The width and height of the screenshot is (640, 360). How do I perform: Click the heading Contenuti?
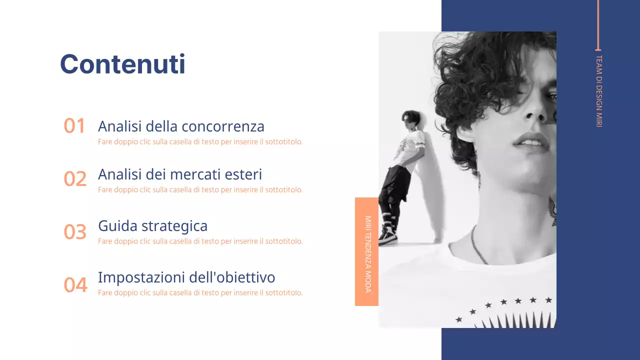[x=122, y=64]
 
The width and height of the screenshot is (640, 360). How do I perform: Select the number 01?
[x=74, y=126]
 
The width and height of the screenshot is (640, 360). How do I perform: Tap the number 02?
[x=75, y=179]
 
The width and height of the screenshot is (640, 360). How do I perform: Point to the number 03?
[x=75, y=232]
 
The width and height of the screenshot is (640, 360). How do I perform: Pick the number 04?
[x=75, y=285]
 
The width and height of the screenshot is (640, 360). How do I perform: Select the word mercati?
[x=192, y=174]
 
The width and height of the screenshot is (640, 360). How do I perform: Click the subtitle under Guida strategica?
[x=200, y=241]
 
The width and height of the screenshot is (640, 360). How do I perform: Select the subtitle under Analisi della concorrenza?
[x=200, y=142]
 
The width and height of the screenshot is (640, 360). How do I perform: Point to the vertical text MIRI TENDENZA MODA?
[x=367, y=254]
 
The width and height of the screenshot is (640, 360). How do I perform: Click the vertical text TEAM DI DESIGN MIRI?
[x=598, y=91]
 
